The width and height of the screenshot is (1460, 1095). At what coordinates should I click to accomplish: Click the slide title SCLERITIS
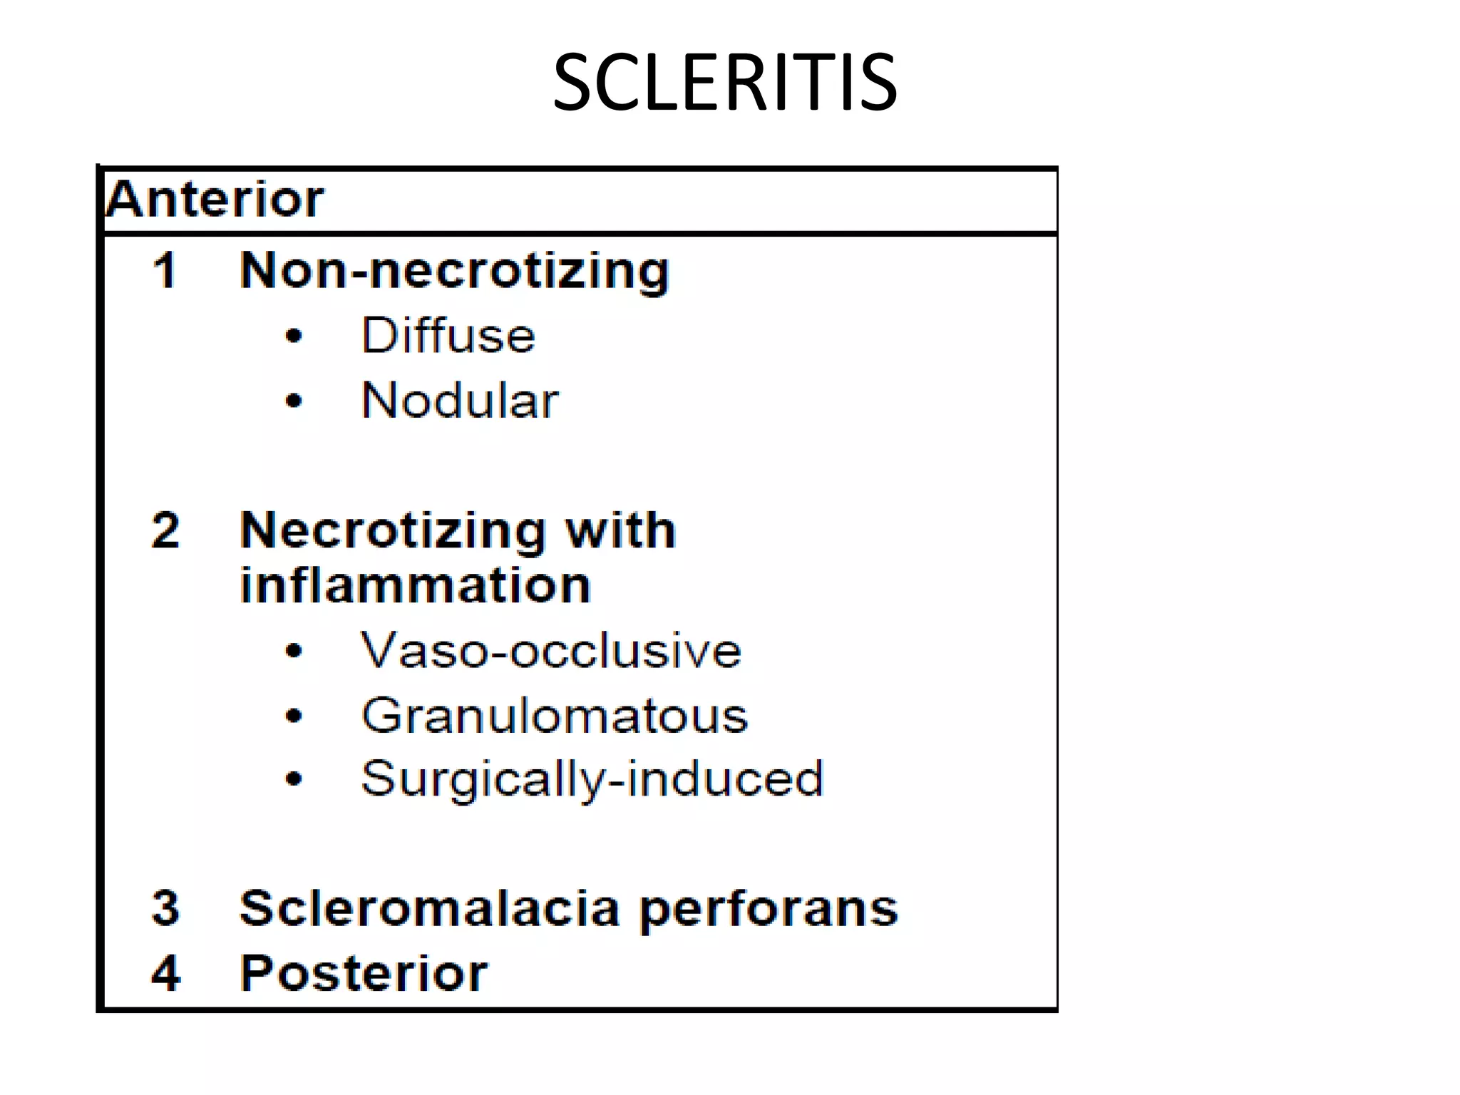724,83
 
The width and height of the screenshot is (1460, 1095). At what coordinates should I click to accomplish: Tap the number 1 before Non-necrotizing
165,271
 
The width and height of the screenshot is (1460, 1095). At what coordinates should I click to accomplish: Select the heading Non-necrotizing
454,272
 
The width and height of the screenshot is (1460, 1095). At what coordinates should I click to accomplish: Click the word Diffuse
448,335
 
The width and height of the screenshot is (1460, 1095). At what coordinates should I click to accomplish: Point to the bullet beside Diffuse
294,336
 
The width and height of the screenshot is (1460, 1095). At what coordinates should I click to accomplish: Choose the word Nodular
460,400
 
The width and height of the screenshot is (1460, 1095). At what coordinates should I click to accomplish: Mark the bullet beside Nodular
294,401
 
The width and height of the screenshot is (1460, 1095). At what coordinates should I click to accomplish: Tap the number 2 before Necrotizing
165,530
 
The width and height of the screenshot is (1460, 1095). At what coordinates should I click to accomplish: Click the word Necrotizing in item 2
393,532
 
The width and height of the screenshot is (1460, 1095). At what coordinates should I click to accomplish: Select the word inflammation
416,585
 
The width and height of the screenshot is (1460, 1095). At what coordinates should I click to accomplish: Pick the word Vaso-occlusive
550,650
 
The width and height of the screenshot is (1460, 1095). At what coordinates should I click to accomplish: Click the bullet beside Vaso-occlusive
294,651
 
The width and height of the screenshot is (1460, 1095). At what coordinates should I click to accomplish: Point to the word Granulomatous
555,715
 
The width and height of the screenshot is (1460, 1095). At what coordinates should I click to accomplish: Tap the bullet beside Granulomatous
294,716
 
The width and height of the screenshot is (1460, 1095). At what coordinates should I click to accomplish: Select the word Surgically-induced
592,778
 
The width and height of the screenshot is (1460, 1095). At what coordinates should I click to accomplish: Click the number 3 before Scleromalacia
165,908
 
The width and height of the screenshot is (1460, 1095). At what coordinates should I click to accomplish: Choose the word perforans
768,910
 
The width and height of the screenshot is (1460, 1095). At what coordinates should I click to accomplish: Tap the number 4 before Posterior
165,972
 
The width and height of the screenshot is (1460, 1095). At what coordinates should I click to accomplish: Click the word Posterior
364,972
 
